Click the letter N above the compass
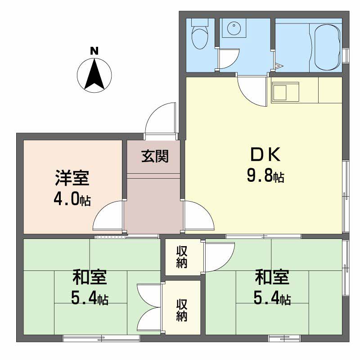94,51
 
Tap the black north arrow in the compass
94,75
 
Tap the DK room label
265,155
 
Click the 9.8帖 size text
265,176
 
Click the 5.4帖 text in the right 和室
272,298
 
